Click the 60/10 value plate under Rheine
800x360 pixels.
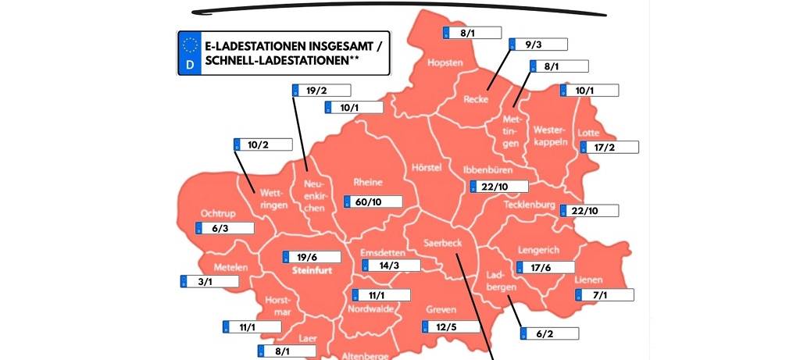(373, 201)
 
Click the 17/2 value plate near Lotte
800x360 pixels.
(609, 147)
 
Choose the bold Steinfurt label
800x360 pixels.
(312, 272)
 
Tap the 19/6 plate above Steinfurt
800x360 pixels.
(310, 257)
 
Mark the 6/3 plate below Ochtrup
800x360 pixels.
(224, 228)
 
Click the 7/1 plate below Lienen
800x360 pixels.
(604, 294)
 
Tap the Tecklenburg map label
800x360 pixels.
(529, 205)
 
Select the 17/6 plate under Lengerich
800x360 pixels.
(545, 267)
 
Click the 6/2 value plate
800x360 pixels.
(550, 333)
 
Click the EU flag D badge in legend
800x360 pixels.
(189, 54)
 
